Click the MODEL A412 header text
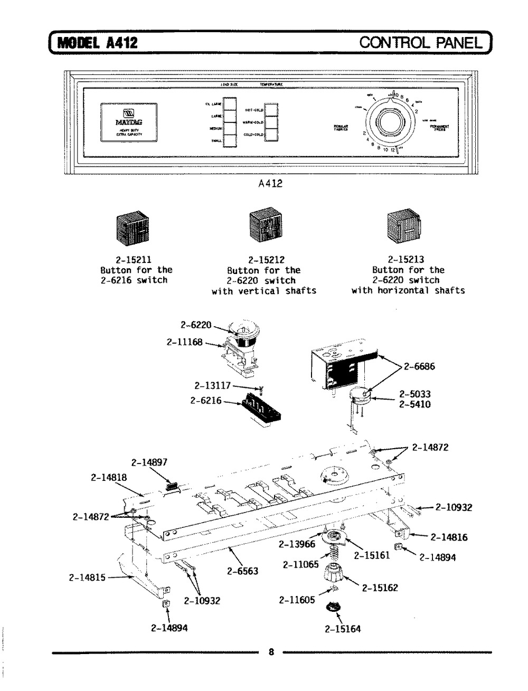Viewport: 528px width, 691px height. pyautogui.click(x=97, y=42)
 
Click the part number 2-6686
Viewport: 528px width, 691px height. pyautogui.click(x=419, y=367)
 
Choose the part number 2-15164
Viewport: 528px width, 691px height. pyautogui.click(x=343, y=629)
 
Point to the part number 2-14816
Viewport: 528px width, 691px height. pyautogui.click(x=449, y=538)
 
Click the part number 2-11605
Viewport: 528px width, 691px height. pyautogui.click(x=296, y=600)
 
